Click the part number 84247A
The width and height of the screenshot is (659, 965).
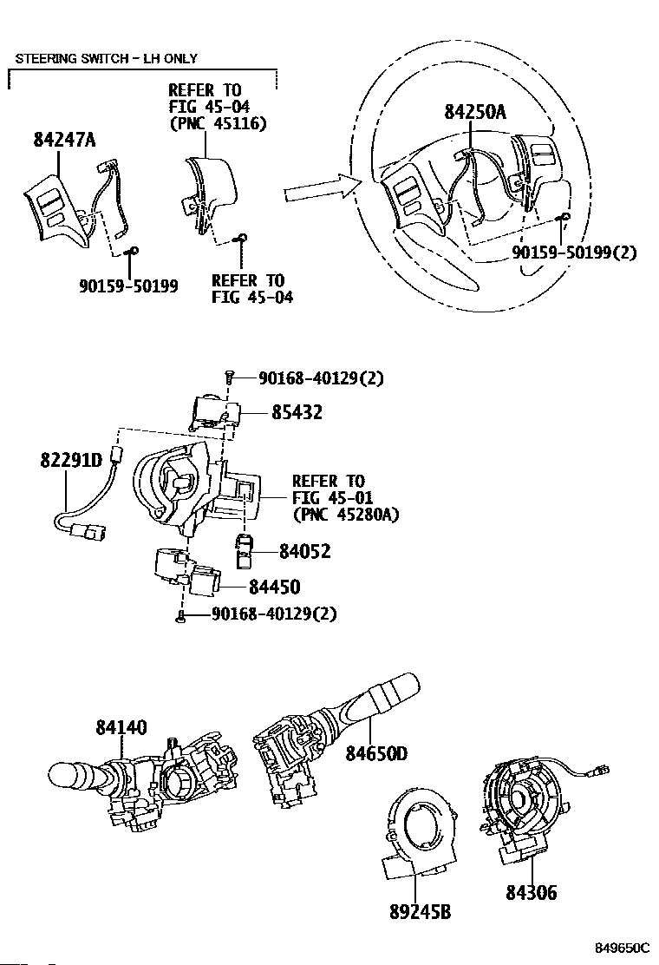tap(65, 140)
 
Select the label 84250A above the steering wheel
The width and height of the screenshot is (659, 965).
tap(474, 112)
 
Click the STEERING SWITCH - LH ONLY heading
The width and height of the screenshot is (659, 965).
tap(105, 59)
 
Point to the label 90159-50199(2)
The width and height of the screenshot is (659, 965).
tap(574, 253)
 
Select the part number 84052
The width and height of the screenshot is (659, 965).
tap(304, 551)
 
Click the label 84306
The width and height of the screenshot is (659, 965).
tap(530, 893)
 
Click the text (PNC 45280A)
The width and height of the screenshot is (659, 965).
tap(346, 515)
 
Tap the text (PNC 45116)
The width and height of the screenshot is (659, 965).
tap(218, 123)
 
